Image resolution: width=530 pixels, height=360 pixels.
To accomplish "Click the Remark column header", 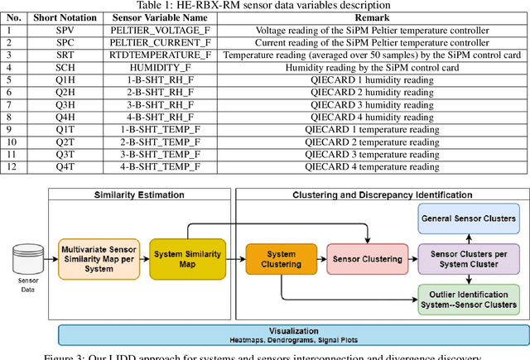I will coord(373,17).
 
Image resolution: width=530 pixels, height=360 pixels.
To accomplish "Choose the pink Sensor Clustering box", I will coord(367,258).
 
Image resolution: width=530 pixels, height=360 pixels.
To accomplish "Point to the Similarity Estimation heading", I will coord(138,195).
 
